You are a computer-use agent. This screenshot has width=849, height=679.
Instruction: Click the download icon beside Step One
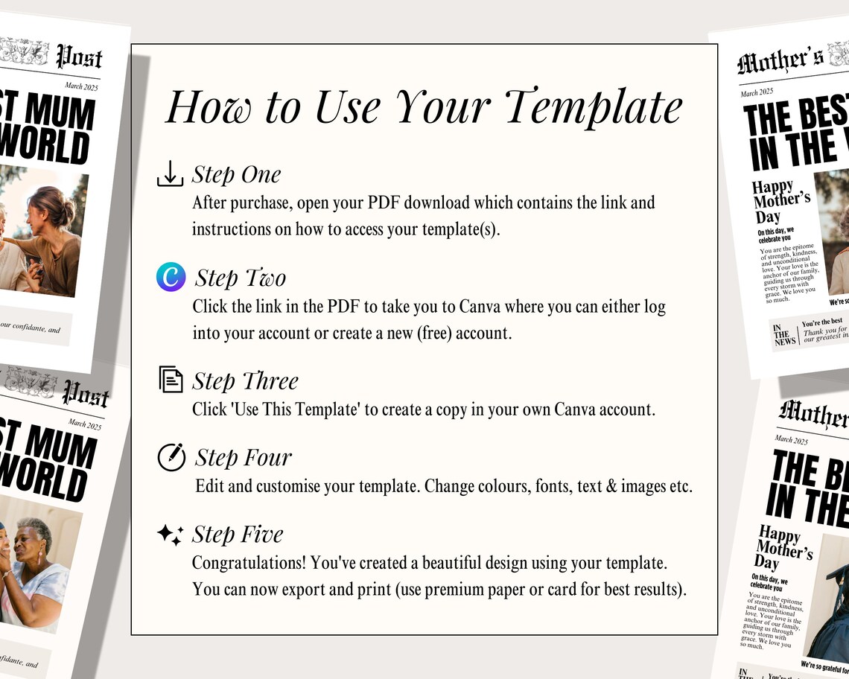(x=171, y=174)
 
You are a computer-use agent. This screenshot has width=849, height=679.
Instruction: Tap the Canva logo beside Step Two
(x=171, y=277)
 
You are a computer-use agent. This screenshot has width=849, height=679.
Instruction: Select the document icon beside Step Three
(x=171, y=380)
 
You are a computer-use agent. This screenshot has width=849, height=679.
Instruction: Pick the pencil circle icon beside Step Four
(x=171, y=456)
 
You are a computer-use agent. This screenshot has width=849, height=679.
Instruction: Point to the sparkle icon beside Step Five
(x=170, y=534)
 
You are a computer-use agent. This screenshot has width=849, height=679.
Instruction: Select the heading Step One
(x=236, y=174)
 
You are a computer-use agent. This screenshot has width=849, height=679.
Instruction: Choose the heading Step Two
(x=240, y=278)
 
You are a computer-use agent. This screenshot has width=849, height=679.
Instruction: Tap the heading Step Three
(x=245, y=380)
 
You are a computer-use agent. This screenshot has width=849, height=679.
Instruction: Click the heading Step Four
(x=243, y=457)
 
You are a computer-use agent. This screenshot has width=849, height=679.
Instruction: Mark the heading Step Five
(x=238, y=535)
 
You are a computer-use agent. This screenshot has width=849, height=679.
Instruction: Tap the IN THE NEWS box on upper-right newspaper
(x=784, y=335)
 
